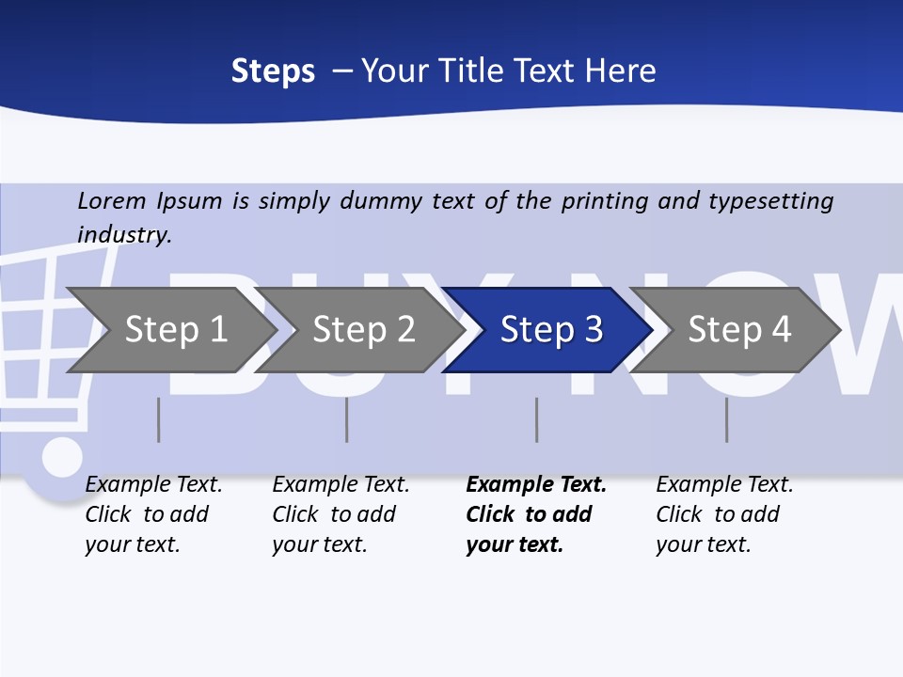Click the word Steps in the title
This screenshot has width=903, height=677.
[273, 71]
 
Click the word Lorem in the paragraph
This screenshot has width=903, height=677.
[112, 201]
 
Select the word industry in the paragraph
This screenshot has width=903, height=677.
[123, 235]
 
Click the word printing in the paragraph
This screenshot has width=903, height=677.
[605, 201]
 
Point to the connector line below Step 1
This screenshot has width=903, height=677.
[159, 419]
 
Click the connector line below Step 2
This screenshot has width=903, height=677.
[347, 419]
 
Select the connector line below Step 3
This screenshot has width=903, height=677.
[537, 419]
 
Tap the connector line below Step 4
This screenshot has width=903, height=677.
[727, 419]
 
